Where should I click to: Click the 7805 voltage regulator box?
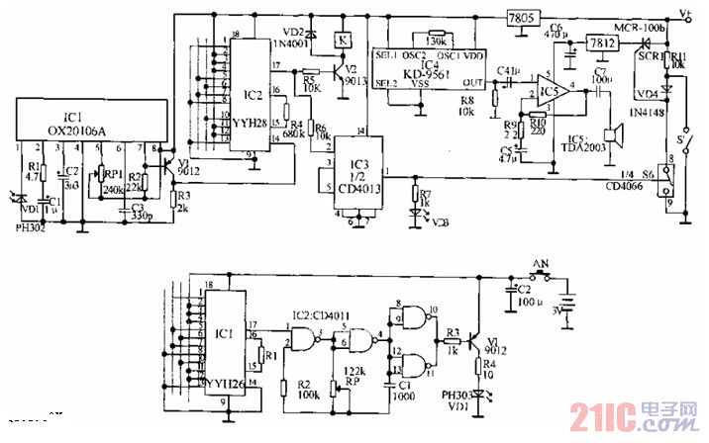[x=517, y=19]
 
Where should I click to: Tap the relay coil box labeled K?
[x=342, y=40]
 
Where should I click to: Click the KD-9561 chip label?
[x=430, y=72]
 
